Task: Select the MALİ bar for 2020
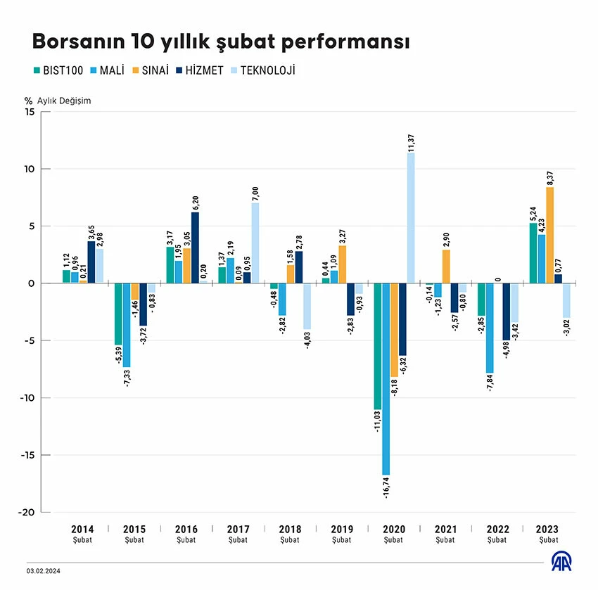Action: pyautogui.click(x=386, y=379)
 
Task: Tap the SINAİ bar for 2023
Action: pyautogui.click(x=549, y=235)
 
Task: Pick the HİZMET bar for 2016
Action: pyautogui.click(x=195, y=248)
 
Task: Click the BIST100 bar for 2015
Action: pyautogui.click(x=118, y=314)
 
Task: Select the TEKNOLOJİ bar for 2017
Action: pyautogui.click(x=255, y=243)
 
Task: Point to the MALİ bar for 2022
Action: pyautogui.click(x=489, y=328)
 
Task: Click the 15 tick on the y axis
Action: pyautogui.click(x=29, y=112)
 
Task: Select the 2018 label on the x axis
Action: pyautogui.click(x=290, y=530)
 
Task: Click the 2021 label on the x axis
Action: pyautogui.click(x=445, y=530)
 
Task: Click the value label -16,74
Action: pyautogui.click(x=386, y=487)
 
